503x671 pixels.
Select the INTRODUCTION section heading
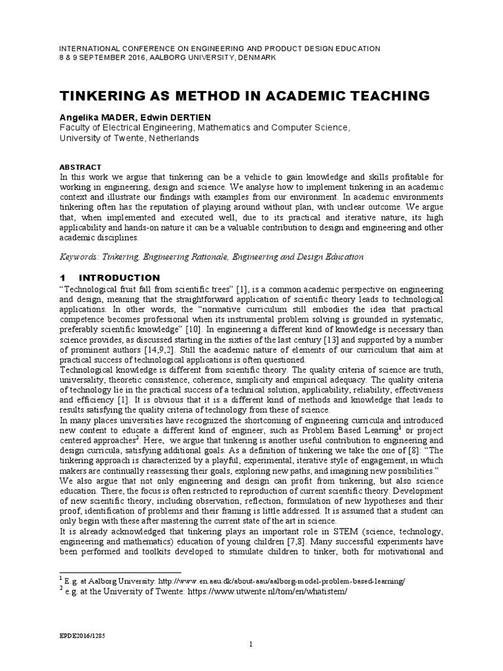point(122,278)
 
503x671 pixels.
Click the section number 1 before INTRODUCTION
point(63,278)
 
